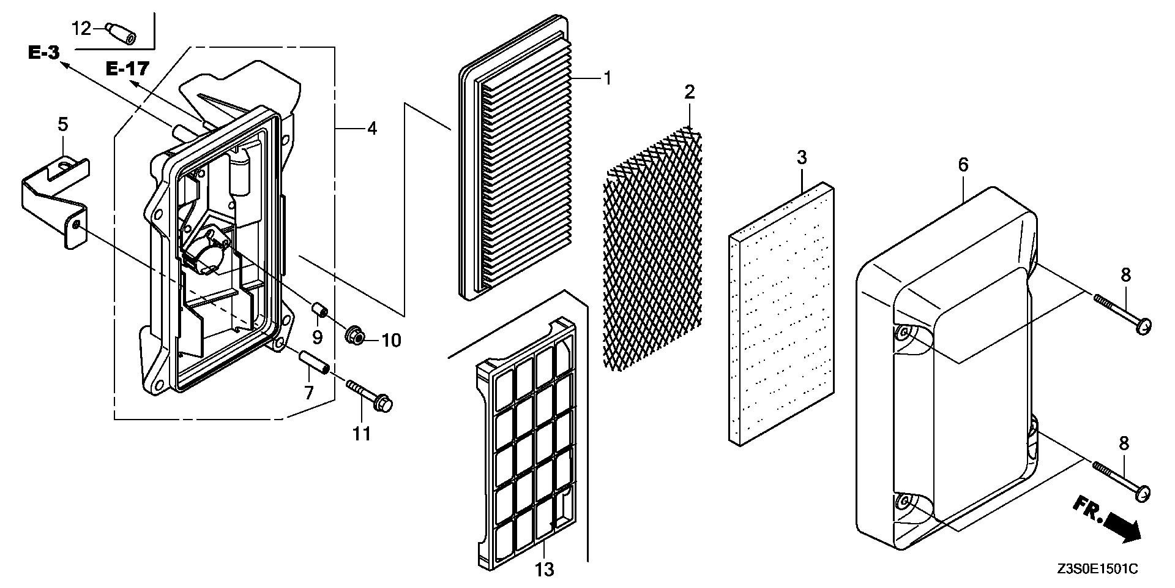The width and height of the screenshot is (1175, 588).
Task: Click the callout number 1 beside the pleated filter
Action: (x=607, y=78)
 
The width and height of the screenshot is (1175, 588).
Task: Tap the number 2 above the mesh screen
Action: (x=690, y=93)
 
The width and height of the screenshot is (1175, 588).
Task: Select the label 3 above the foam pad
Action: (x=802, y=157)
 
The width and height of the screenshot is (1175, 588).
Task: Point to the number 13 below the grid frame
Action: (x=544, y=570)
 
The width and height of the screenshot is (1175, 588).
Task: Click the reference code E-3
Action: (x=44, y=53)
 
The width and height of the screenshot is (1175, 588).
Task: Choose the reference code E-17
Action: (x=127, y=69)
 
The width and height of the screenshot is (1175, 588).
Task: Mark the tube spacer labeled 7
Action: (x=313, y=361)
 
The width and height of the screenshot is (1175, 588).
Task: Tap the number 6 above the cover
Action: (x=963, y=165)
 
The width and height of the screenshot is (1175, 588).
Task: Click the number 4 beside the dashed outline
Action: (x=372, y=129)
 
